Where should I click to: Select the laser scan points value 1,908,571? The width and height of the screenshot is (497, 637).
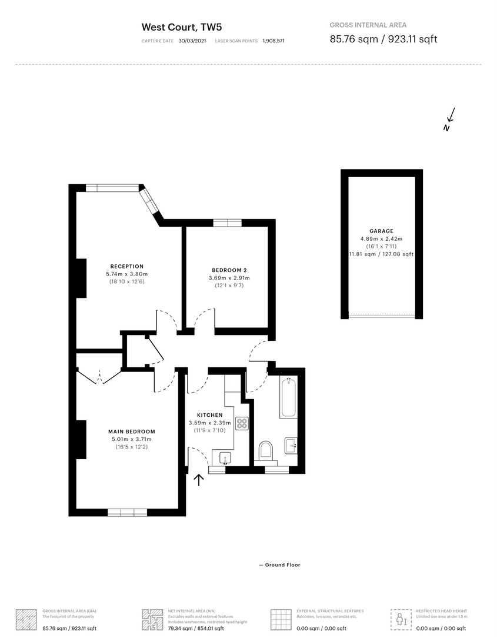click(273, 41)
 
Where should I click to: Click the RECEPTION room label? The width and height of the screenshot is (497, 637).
click(127, 267)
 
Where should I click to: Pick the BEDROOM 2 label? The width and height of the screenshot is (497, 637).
click(229, 270)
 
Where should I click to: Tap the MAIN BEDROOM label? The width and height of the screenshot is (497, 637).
click(132, 432)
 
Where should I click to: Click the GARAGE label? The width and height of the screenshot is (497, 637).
click(381, 231)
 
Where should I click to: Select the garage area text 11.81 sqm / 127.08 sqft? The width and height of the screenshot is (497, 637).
click(381, 254)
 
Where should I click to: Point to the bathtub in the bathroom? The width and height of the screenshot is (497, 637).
click(288, 399)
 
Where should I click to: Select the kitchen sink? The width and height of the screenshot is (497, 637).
click(225, 458)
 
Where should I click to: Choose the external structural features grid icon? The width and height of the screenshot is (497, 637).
click(281, 619)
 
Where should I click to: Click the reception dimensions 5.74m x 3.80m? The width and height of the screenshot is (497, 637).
click(127, 274)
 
